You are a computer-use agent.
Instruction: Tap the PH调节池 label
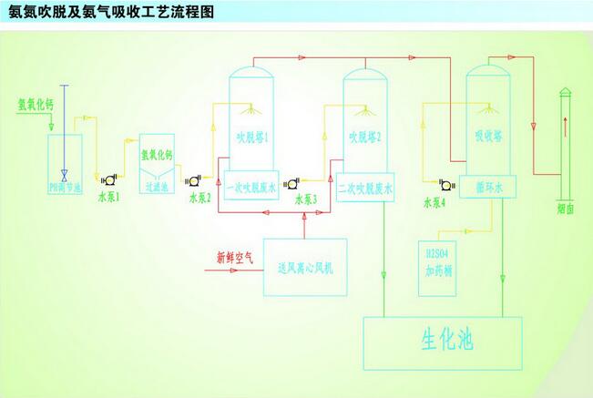click(66, 188)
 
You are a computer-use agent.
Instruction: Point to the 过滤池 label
click(159, 187)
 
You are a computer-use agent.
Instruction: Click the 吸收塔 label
click(488, 136)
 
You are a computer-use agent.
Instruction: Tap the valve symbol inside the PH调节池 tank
click(64, 173)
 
